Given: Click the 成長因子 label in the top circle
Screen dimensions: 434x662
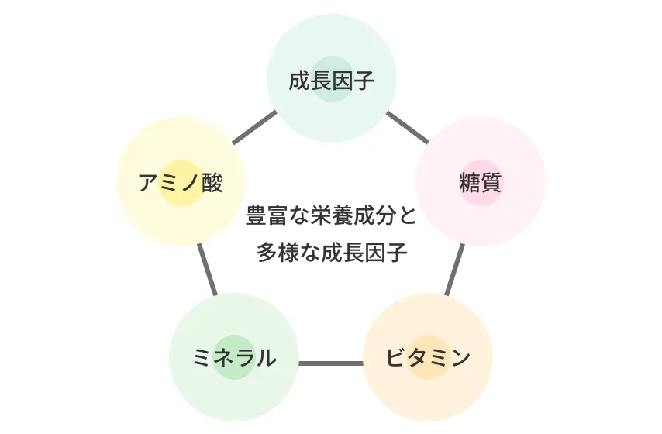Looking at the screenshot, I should click(331, 81).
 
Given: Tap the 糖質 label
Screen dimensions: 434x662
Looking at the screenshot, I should click(481, 183).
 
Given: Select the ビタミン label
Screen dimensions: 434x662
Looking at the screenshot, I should click(428, 358).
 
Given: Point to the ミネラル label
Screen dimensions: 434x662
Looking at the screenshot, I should click(234, 358).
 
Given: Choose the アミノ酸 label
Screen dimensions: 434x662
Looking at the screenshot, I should click(181, 183).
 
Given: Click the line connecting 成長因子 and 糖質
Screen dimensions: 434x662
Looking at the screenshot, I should click(408, 128).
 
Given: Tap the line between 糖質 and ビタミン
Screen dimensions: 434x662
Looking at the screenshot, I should click(456, 270).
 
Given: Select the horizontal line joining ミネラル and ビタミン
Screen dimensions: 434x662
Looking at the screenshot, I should click(331, 363).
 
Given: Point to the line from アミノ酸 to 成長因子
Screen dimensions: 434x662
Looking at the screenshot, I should click(254, 128).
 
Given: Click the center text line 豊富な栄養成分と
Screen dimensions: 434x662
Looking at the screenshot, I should click(331, 215).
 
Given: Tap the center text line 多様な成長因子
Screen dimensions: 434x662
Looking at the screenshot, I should click(331, 253).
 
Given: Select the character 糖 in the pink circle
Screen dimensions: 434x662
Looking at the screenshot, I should click(470, 183).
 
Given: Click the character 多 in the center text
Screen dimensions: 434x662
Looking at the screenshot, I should click(266, 253).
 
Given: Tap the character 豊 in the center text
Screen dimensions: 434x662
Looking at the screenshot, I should click(255, 215).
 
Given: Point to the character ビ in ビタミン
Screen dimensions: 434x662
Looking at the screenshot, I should click(396, 358).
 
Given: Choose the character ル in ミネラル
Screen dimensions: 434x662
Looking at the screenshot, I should click(266, 358).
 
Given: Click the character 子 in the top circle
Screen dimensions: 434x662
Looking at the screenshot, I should click(364, 81).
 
